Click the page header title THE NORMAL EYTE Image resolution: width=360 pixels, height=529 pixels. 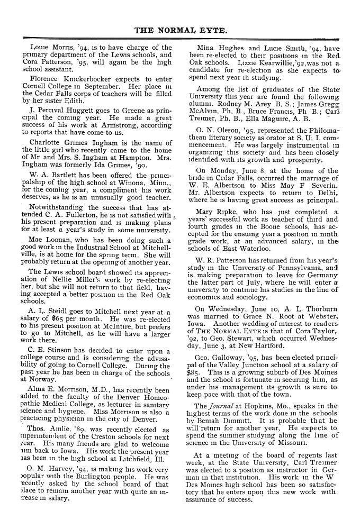pyautogui.click(x=180, y=30)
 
